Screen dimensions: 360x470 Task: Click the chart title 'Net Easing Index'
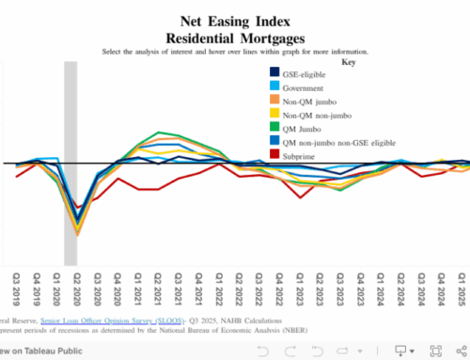tap(235, 19)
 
